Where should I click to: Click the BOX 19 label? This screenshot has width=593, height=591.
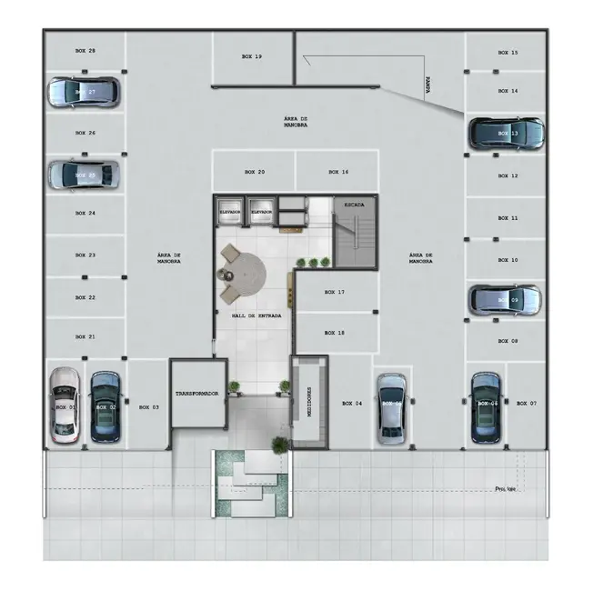(x=252, y=56)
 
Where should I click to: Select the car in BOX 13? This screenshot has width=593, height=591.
(x=507, y=134)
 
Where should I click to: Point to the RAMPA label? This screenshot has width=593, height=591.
(x=427, y=84)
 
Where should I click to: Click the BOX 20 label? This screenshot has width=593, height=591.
(x=255, y=172)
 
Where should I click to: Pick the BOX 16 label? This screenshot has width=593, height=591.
(x=338, y=172)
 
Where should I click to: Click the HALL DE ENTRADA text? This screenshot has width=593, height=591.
(x=256, y=316)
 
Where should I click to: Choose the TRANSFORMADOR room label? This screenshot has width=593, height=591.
(x=198, y=394)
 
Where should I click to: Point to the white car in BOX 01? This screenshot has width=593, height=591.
(x=64, y=405)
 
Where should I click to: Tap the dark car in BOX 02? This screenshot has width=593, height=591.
(x=105, y=405)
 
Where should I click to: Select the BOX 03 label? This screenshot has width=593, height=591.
(x=149, y=407)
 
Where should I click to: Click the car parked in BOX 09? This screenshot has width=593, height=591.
(x=505, y=300)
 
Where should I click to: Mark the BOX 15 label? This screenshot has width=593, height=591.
(x=508, y=53)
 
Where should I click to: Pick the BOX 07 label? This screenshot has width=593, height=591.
(x=527, y=402)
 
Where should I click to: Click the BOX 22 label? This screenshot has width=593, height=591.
(x=85, y=297)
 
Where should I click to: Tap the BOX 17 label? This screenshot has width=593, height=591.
(x=335, y=292)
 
